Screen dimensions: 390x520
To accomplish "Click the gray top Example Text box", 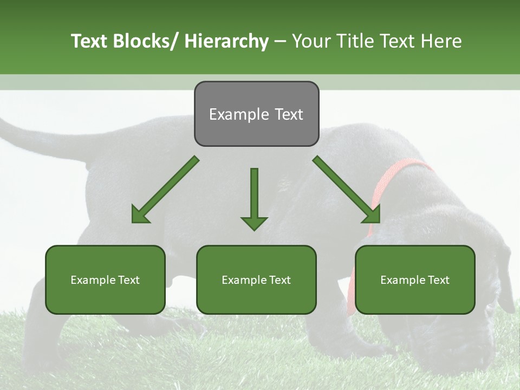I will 256,114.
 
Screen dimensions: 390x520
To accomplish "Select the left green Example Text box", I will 105,279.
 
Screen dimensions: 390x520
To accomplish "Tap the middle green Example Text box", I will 256,279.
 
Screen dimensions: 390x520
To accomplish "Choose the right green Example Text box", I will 415,279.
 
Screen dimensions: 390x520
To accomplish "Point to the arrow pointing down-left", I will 165,190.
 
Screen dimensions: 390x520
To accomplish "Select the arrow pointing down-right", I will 347,190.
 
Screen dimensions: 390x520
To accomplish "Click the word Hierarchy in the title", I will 226,41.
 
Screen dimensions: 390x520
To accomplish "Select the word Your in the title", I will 312,41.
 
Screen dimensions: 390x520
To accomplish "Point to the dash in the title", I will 280,41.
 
